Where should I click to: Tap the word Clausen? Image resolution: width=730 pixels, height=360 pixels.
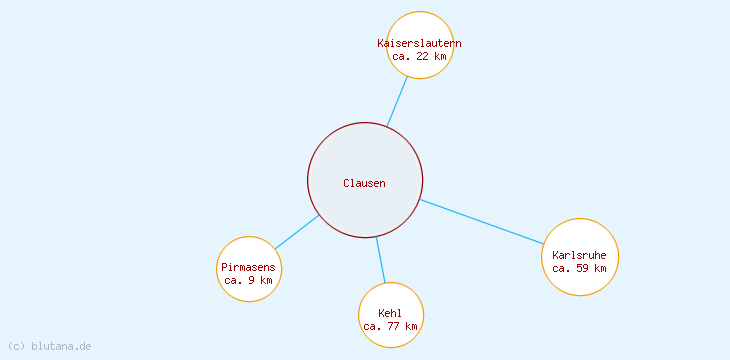point(364,183)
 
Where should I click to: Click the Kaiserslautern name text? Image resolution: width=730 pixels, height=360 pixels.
point(419,43)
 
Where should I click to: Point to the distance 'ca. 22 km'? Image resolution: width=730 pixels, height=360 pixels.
point(419,56)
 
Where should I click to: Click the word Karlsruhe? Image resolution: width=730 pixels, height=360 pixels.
point(579,255)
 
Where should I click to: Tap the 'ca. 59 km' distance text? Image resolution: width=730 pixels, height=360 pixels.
point(579,268)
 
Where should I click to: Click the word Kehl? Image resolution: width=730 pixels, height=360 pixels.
point(390,314)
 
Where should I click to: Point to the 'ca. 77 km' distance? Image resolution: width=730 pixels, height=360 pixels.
point(390,327)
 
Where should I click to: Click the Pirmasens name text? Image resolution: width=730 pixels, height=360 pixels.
point(248,268)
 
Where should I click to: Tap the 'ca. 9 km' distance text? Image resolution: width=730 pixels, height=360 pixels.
point(248,281)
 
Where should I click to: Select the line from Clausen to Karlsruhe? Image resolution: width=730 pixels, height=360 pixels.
point(481,221)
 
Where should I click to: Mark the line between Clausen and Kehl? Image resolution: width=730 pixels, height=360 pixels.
point(380,259)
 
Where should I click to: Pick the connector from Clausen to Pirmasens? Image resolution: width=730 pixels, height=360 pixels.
point(297,232)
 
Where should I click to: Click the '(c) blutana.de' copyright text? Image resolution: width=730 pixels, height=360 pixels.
point(50,346)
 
